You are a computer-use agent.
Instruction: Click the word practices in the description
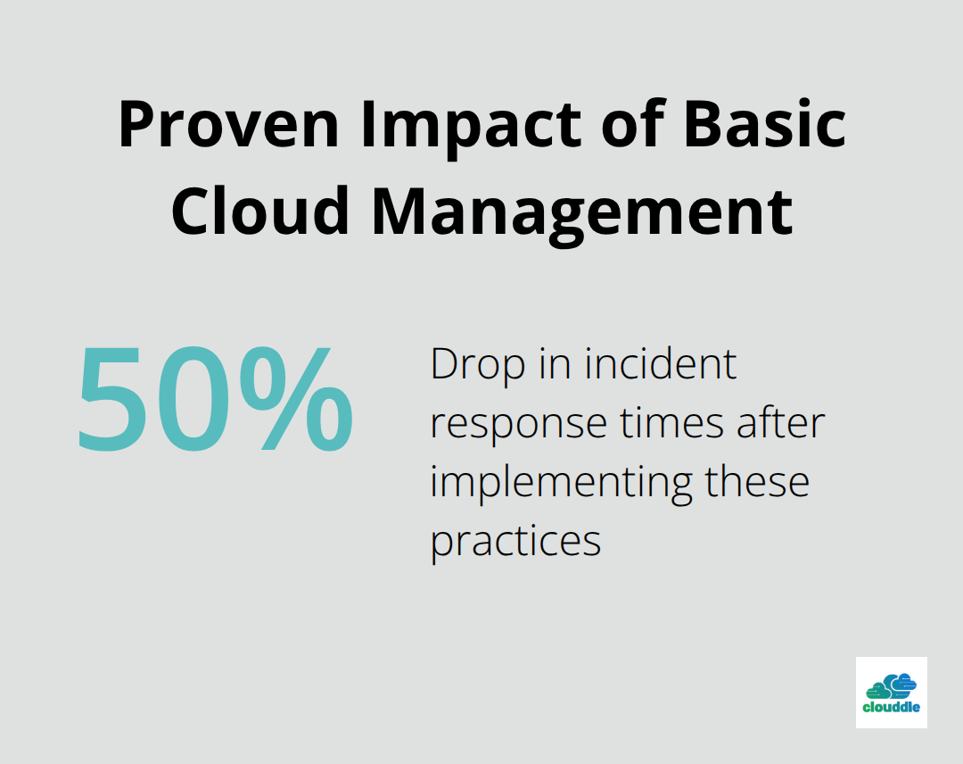click(x=515, y=542)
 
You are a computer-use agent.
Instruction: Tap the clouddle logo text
click(x=891, y=709)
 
